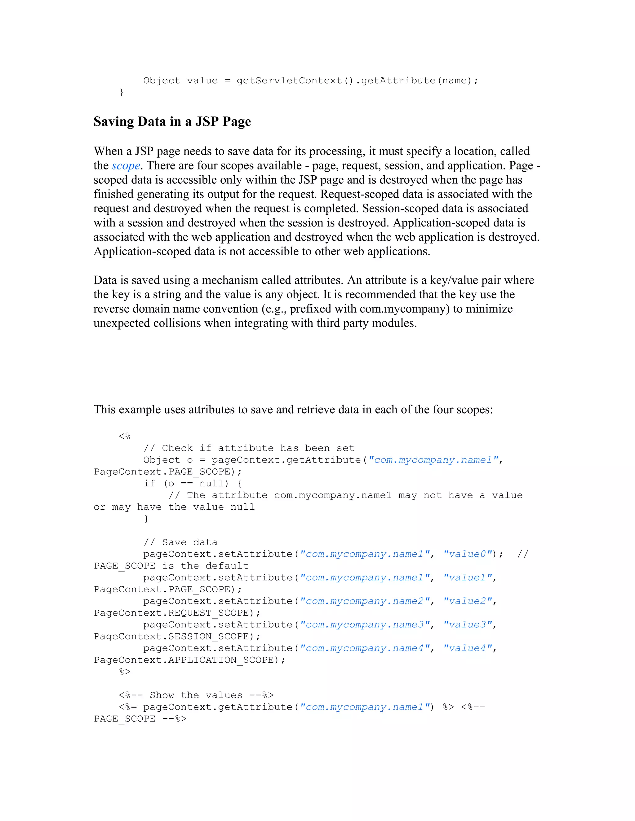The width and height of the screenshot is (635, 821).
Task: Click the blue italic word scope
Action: coord(126,166)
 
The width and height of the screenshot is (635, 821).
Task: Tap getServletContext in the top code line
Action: coord(289,81)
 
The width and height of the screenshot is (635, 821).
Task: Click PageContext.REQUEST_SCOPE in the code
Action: coord(171,613)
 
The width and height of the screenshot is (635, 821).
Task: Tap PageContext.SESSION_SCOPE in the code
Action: coord(171,637)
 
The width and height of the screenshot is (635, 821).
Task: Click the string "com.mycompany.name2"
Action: coord(365,601)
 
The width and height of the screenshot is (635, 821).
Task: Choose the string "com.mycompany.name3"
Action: coord(365,625)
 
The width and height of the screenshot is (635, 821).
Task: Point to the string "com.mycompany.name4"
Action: coord(365,648)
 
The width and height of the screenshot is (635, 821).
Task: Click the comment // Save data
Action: coord(180,542)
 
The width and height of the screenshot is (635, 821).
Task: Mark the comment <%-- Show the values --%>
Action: coord(196,696)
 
